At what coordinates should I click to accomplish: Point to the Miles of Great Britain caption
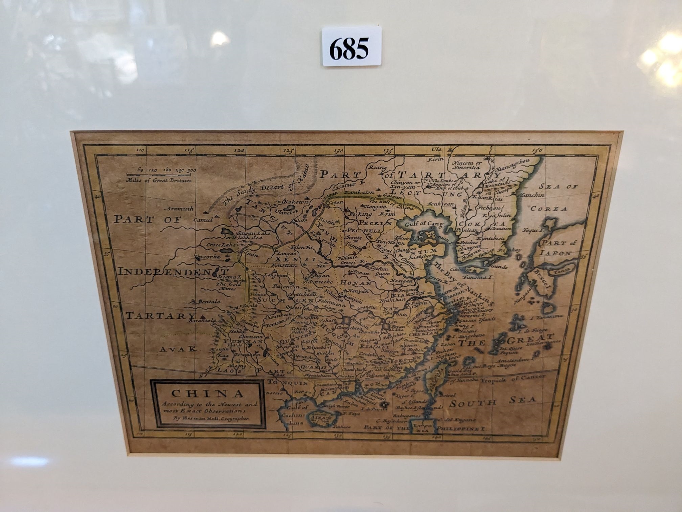(158, 180)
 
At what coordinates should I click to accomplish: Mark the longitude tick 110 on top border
(140, 150)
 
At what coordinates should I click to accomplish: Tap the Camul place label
(203, 220)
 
